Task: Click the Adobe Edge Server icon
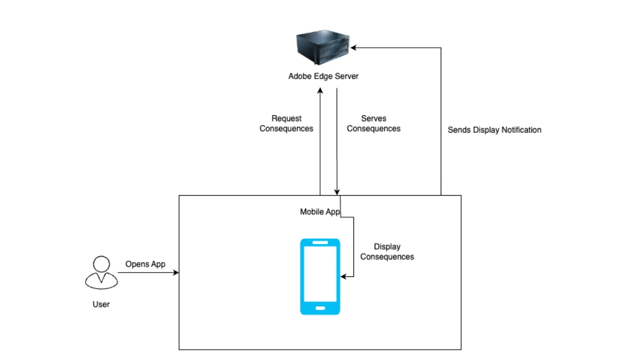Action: pyautogui.click(x=323, y=47)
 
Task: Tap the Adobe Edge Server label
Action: pyautogui.click(x=323, y=76)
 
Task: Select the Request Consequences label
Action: pyautogui.click(x=286, y=124)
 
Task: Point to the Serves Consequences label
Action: pyautogui.click(x=373, y=124)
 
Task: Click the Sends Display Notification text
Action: pyautogui.click(x=494, y=130)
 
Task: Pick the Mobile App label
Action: pyautogui.click(x=320, y=212)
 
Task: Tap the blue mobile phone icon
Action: pyautogui.click(x=320, y=276)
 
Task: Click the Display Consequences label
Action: pyautogui.click(x=387, y=252)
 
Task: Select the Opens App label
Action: pyautogui.click(x=145, y=264)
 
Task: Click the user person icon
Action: pyautogui.click(x=101, y=273)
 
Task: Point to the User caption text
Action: pyautogui.click(x=101, y=304)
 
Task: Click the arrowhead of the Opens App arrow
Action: pyautogui.click(x=176, y=272)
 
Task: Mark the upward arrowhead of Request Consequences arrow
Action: pyautogui.click(x=320, y=90)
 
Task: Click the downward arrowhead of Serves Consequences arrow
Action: pyautogui.click(x=337, y=192)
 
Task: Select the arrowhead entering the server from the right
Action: pyautogui.click(x=353, y=48)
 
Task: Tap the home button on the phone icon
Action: pyautogui.click(x=320, y=308)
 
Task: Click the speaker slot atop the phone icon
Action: pyautogui.click(x=320, y=243)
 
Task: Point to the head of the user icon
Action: pyautogui.click(x=101, y=264)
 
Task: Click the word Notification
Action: pyautogui.click(x=521, y=130)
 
